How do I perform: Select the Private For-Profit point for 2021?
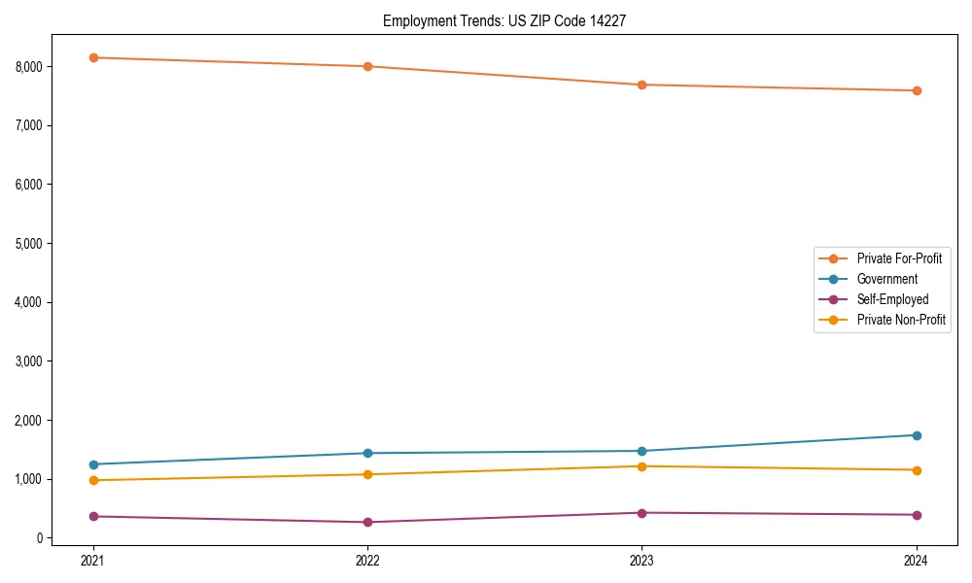coord(93,57)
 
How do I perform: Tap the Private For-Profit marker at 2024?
coord(917,90)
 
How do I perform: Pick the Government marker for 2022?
coord(367,453)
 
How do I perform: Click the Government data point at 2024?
coord(917,435)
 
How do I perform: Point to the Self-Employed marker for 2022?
coord(367,522)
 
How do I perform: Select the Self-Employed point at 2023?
coord(642,513)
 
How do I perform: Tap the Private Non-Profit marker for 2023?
coord(642,466)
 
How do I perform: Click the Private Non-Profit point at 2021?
coord(93,480)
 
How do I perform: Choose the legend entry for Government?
coord(886,279)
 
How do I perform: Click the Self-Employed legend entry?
coord(892,299)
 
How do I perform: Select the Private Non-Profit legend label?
coord(901,320)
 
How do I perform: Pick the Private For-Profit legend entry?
coord(899,258)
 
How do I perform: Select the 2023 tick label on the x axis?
coord(642,560)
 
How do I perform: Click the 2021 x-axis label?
coord(93,560)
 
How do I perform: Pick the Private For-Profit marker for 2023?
coord(642,85)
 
